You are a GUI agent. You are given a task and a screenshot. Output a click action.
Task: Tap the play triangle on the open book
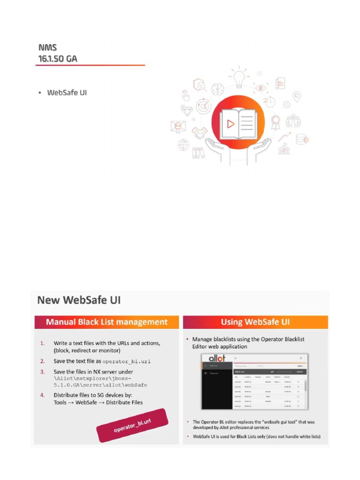230,124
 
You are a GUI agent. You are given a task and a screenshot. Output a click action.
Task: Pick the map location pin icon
296,97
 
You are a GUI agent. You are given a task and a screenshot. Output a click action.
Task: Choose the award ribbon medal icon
275,122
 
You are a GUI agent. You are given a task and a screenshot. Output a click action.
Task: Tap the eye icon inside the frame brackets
261,88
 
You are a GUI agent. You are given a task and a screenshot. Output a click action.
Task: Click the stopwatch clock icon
270,101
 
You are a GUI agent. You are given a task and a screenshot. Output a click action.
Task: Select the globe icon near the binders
183,144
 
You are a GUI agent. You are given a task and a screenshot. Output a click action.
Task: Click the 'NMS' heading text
47,48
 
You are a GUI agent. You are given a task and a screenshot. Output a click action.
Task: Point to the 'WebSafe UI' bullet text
67,93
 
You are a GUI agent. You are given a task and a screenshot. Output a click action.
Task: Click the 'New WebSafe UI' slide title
79,300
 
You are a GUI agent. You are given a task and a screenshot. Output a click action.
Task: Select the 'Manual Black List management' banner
106,322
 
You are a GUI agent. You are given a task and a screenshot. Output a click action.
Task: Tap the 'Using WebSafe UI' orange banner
255,322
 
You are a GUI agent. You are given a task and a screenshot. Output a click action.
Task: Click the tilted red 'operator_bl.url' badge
132,425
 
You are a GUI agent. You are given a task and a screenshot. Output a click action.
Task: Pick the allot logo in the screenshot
214,358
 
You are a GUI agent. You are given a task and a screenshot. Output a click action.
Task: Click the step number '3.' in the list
42,372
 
